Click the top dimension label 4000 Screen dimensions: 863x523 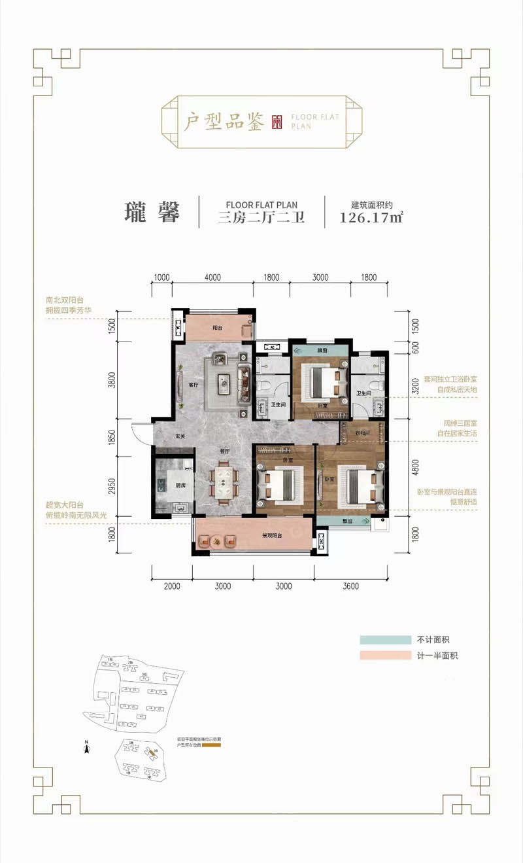212,277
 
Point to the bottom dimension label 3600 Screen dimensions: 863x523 350,586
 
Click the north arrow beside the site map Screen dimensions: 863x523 86,745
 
